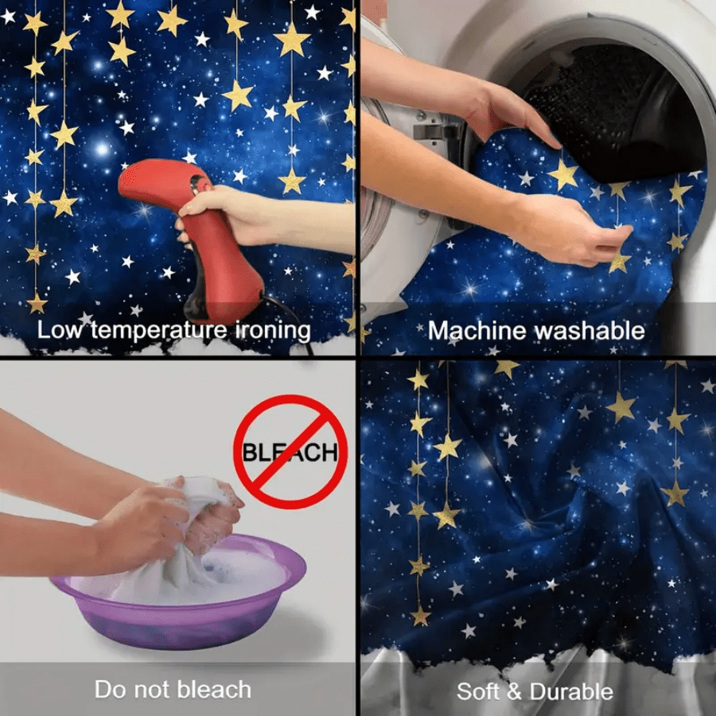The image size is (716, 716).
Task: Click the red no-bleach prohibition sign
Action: click(290, 452)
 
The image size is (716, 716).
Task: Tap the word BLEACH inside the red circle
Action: click(290, 452)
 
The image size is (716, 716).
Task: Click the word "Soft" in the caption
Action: click(477, 691)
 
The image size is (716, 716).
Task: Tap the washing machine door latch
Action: click(433, 132)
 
